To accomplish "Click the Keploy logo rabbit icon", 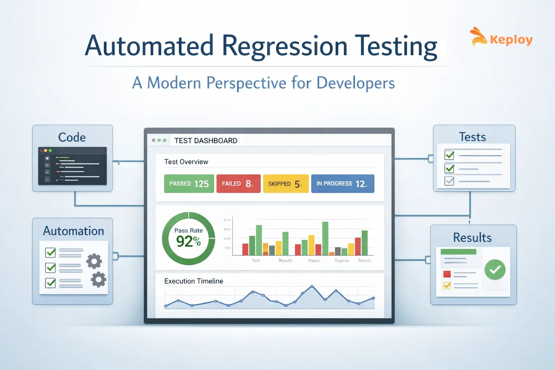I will point(478,37).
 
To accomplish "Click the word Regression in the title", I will point(284,46).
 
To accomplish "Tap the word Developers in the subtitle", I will point(356,83).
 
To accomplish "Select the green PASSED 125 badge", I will point(189,184).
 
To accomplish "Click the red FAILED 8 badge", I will point(238,184).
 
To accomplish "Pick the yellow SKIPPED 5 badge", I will point(285,184).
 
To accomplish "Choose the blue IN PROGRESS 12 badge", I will point(342,184).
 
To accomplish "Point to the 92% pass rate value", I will point(188,241).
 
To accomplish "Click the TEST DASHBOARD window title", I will point(206,141).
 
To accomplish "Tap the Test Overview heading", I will point(186,162).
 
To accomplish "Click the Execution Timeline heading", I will point(194,281).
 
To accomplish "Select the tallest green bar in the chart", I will point(325,238).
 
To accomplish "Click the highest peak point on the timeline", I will point(312,287).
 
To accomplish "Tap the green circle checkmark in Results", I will point(495,270).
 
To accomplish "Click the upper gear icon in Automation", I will point(94,261).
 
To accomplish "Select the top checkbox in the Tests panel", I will point(449,155).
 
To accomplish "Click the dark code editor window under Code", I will point(72,166).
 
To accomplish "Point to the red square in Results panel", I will point(447,274).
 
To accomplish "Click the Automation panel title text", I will point(73,231).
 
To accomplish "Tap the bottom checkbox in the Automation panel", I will point(51,283).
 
